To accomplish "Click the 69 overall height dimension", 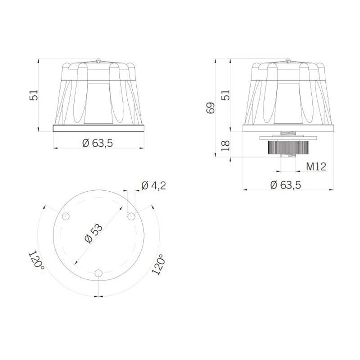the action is point(211,108).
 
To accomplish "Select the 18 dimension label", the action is point(225,145).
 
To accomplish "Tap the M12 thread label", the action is point(316,166).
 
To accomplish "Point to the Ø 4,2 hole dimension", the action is point(153,185).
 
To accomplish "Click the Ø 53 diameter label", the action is point(94,233).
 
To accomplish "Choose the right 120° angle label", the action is point(158,265).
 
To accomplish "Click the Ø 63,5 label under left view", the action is point(98,143).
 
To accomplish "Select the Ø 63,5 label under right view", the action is point(285,185).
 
